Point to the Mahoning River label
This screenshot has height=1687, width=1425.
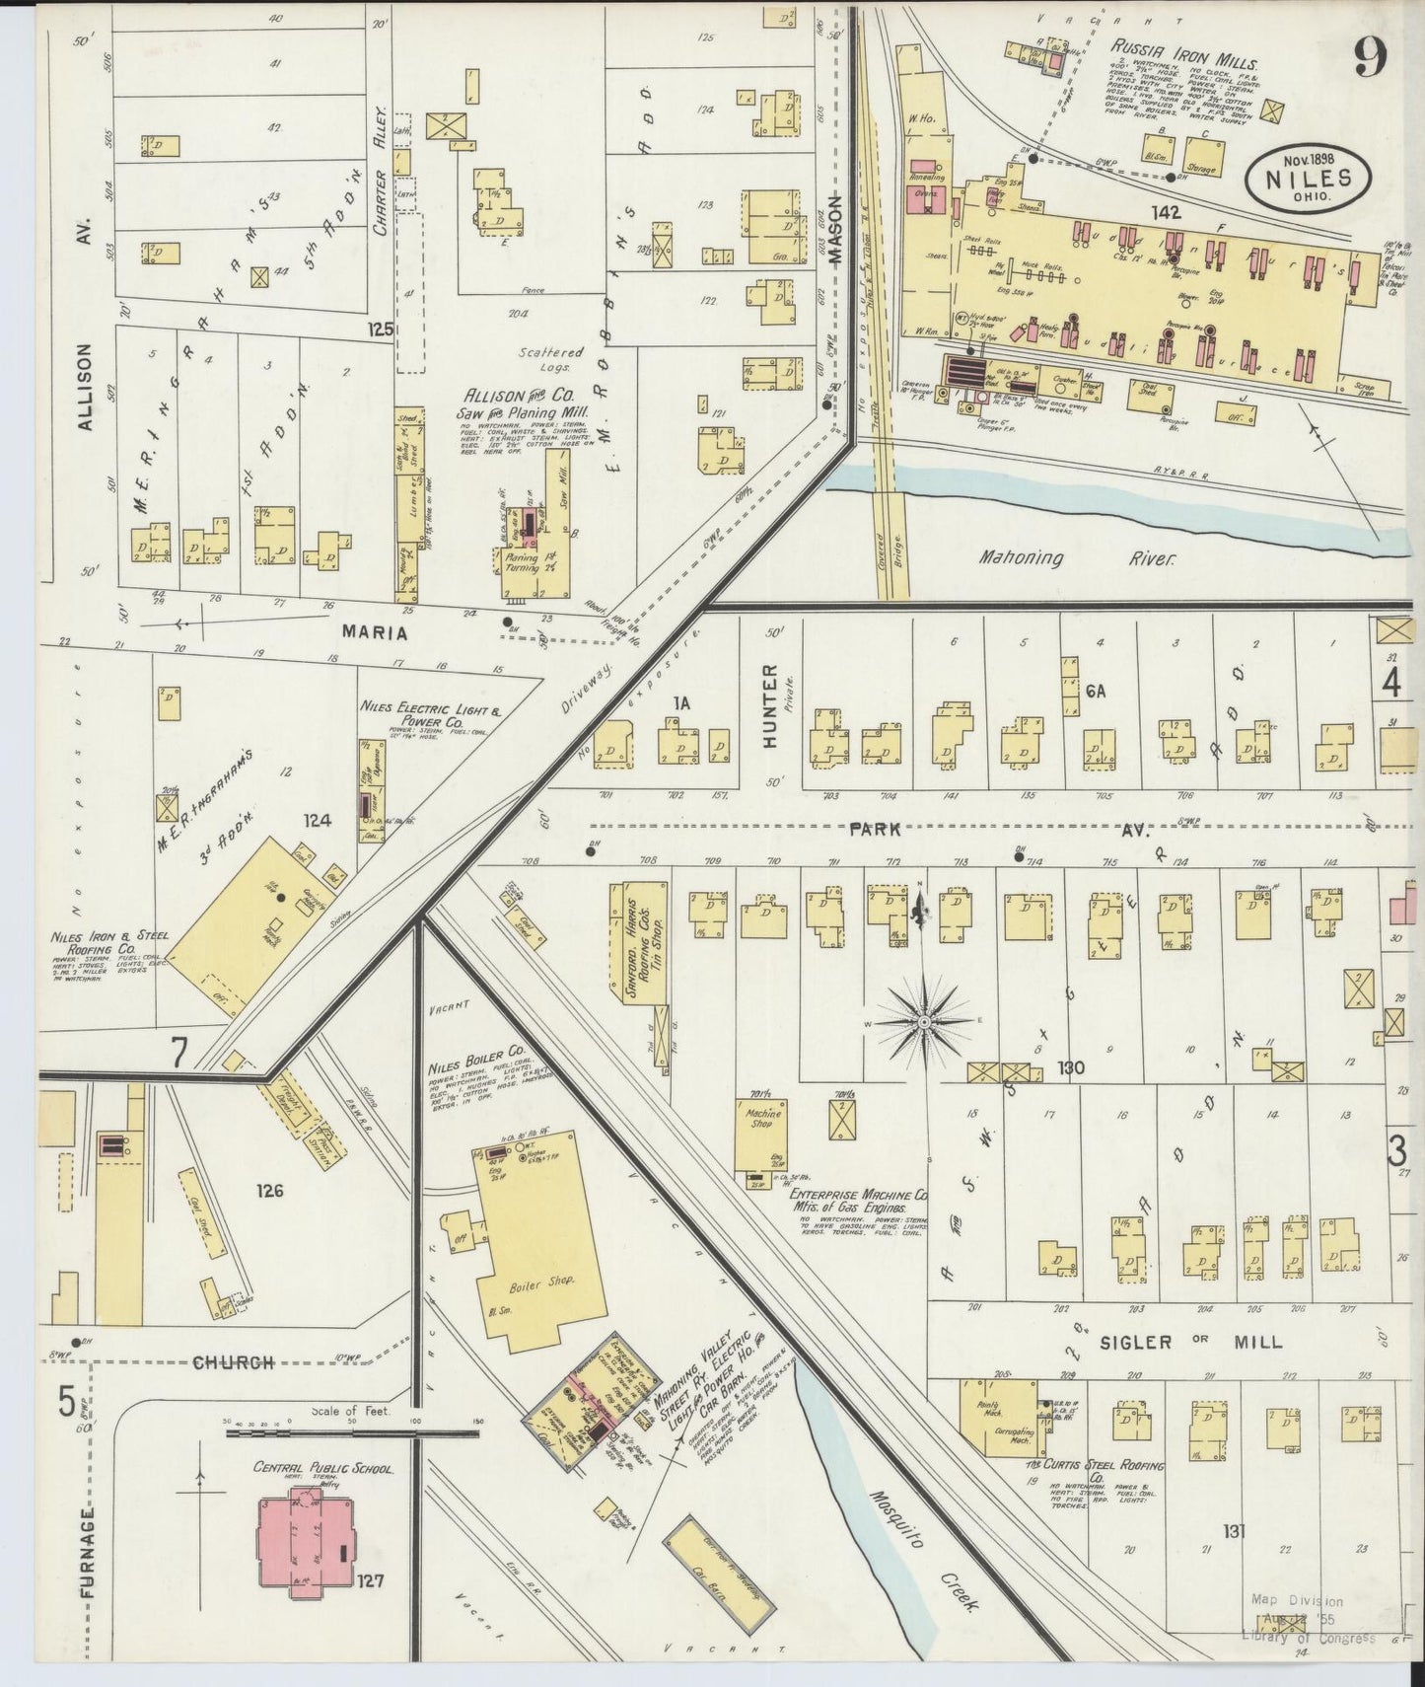tap(1077, 558)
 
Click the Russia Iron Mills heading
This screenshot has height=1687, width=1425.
tap(1172, 46)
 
